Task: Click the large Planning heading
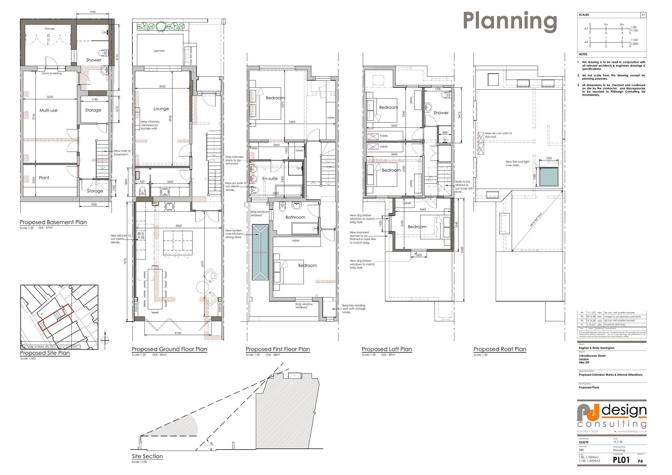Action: [510, 21]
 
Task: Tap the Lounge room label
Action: [161, 109]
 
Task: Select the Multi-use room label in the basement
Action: [48, 110]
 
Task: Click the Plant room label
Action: [44, 178]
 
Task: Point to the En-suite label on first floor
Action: [270, 179]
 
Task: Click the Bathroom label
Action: [295, 217]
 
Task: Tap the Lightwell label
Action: [159, 51]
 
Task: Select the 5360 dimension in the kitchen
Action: [178, 226]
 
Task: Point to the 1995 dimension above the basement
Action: [92, 12]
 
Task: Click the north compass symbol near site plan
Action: [105, 340]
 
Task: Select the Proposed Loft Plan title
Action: [387, 349]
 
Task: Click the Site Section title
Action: [147, 456]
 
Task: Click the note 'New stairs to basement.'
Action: [122, 152]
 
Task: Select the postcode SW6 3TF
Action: [584, 363]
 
